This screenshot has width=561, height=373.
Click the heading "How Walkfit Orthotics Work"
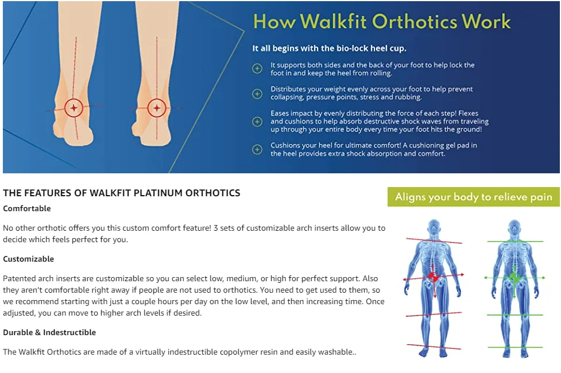point(382,22)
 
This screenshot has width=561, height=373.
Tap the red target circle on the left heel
point(73,107)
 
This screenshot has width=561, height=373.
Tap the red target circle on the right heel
point(156,107)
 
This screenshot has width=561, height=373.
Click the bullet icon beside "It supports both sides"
point(257,69)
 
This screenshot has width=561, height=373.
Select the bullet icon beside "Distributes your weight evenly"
point(257,93)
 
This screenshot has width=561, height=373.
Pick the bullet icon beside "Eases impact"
point(257,122)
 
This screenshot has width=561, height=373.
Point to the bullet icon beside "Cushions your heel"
point(257,149)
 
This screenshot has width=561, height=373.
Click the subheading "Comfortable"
point(27,208)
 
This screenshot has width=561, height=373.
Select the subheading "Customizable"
point(29,259)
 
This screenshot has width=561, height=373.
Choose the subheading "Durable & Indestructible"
point(49,332)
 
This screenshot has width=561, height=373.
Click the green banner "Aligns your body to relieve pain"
point(473,197)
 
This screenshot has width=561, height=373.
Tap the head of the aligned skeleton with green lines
point(514,226)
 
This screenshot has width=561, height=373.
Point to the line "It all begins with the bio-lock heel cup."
point(329,48)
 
